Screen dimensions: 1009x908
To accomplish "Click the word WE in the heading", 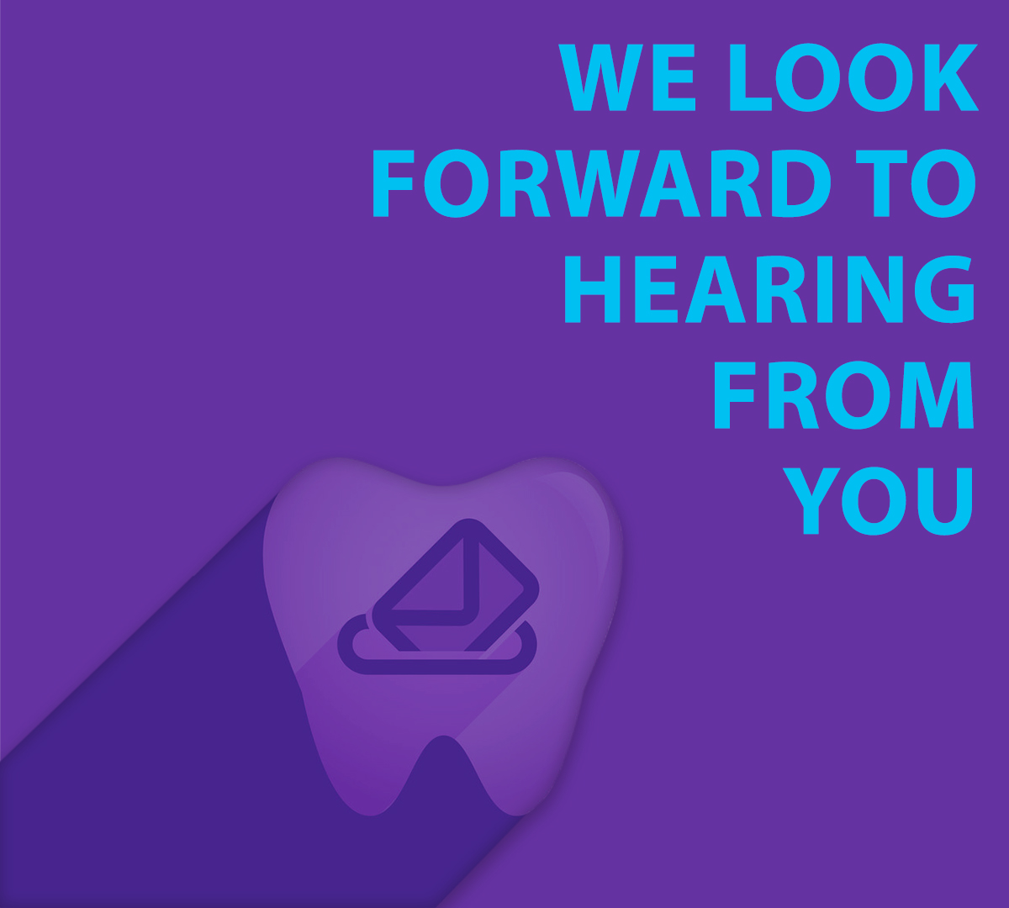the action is click(626, 77).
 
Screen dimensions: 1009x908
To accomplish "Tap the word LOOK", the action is click(853, 77).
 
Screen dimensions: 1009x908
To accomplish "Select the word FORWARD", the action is click(601, 183).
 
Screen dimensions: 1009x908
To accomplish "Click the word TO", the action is click(916, 183).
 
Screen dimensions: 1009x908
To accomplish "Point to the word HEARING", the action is click(770, 289).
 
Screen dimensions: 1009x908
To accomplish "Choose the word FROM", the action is click(844, 395).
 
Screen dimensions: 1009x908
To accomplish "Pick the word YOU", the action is click(878, 501).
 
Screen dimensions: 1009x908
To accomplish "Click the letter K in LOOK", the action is click(952, 77).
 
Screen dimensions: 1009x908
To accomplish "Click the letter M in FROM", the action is click(937, 395).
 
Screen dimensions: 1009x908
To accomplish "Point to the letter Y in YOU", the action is click(811, 501).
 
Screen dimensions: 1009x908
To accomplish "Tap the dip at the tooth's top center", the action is click(441, 485).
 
